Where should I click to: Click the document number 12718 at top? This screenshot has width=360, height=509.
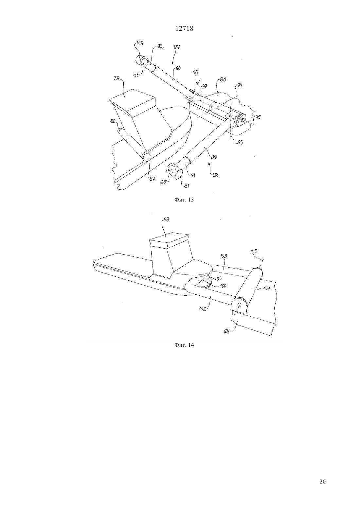184,28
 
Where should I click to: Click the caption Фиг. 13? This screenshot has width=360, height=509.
184,200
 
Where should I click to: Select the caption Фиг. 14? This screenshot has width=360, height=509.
184,345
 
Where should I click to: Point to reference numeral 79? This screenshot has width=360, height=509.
117,79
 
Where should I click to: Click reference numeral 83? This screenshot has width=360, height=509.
140,43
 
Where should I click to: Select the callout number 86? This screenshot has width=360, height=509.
136,75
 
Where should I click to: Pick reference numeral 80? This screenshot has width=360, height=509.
223,80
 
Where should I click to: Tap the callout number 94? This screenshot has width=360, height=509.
240,85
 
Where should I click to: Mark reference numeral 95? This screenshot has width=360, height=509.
258,117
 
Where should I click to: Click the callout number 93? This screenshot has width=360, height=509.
240,142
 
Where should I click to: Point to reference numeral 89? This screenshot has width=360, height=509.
214,157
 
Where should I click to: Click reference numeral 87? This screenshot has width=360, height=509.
152,179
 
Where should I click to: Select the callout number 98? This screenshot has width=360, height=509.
166,220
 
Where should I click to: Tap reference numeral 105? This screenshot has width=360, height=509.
253,252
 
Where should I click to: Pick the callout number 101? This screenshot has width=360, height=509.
226,331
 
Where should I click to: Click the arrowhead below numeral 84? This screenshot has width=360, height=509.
172,63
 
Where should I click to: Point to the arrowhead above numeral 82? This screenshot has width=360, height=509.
209,163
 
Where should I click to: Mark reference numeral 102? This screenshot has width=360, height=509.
202,309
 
